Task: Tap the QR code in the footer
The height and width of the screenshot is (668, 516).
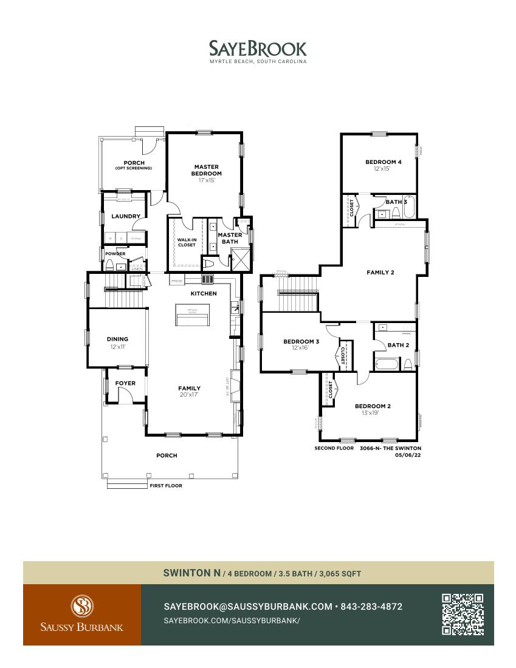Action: point(463,615)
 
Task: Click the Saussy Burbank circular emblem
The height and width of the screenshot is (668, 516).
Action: point(81,606)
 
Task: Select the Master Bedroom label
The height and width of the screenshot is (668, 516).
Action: point(207,170)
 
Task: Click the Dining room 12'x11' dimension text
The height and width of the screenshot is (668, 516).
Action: point(118,347)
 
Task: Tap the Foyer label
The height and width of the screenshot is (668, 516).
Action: point(125,383)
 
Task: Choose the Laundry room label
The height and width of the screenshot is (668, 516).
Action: point(126,216)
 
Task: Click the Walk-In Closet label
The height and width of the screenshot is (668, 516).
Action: point(187,242)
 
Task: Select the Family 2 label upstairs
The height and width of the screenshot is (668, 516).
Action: point(380,273)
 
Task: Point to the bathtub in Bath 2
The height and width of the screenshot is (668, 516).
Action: point(387,364)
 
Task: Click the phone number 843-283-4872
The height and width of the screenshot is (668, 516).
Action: point(371,607)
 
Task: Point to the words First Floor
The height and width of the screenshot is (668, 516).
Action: point(166,486)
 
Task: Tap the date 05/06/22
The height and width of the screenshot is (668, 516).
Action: point(407,454)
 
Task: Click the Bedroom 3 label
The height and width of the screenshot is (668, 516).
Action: point(301,341)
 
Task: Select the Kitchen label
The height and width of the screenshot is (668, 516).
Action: point(204,294)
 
